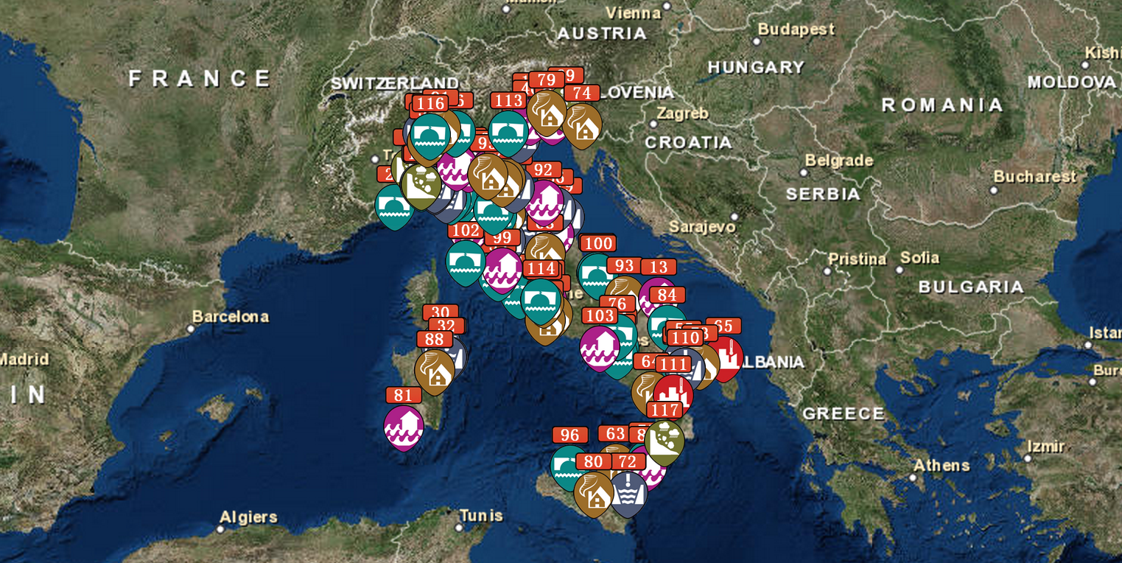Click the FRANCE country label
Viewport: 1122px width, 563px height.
click(x=200, y=78)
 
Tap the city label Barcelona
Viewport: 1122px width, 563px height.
click(x=231, y=317)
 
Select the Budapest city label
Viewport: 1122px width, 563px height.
click(x=796, y=29)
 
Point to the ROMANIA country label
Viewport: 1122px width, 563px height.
click(x=942, y=105)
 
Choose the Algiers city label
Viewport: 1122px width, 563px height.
click(x=248, y=517)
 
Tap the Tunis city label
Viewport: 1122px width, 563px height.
click(x=480, y=515)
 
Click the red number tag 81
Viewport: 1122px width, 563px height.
click(x=404, y=395)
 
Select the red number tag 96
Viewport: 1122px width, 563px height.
click(x=569, y=436)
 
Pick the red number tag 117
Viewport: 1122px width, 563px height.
click(x=665, y=410)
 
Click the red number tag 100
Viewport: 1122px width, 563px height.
click(x=597, y=244)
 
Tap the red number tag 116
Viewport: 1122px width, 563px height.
click(x=430, y=104)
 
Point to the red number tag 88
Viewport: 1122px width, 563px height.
click(x=435, y=339)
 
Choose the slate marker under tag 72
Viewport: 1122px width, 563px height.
click(x=628, y=493)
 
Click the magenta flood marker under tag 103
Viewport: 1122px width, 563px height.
click(x=599, y=347)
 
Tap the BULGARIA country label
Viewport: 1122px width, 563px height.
click(x=971, y=287)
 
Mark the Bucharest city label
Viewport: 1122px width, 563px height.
click(x=1034, y=177)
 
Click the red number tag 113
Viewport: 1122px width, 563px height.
click(x=508, y=101)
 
